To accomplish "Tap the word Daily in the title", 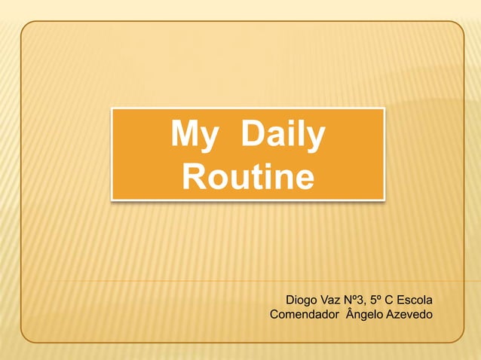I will click(x=283, y=136).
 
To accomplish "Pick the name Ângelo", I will click(x=363, y=313).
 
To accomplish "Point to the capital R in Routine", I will click(x=195, y=178).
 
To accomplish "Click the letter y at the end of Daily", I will click(x=317, y=139).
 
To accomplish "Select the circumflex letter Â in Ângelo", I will click(x=349, y=312).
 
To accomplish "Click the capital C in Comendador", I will click(x=274, y=313).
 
